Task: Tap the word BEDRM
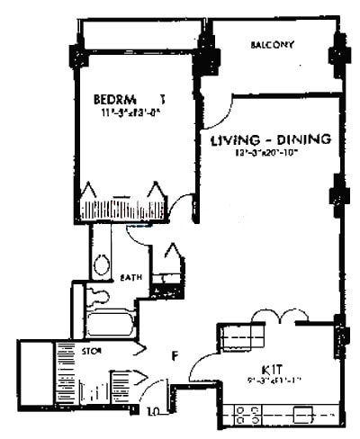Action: click(x=114, y=99)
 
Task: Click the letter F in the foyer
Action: click(x=177, y=354)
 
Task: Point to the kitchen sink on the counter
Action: click(x=301, y=414)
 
